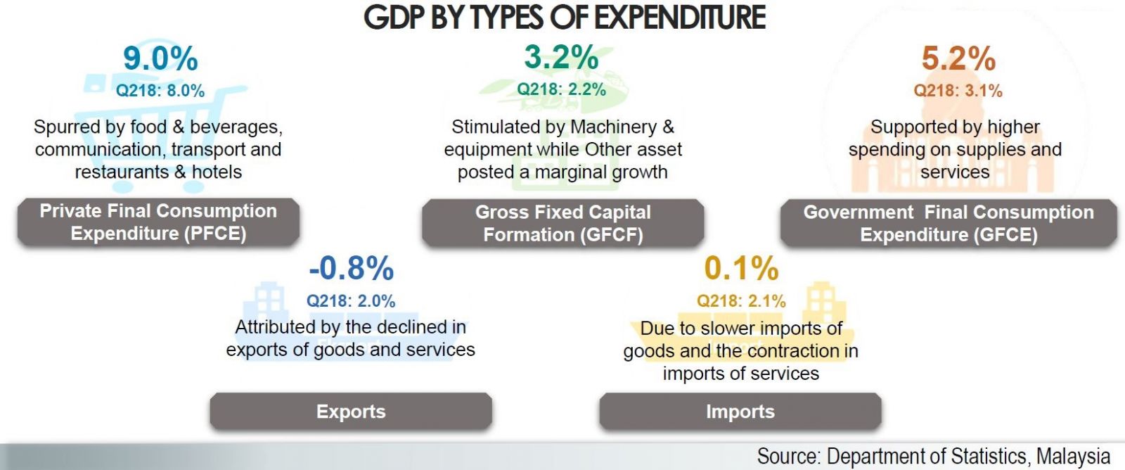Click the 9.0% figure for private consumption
(x=160, y=58)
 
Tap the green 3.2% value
(x=561, y=57)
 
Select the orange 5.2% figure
(x=958, y=58)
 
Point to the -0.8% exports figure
(x=352, y=268)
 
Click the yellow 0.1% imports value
(x=741, y=268)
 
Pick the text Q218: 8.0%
(x=160, y=91)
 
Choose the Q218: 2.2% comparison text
(x=561, y=89)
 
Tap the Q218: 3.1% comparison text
(x=958, y=91)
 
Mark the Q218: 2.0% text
(x=351, y=301)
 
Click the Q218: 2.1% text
(x=741, y=301)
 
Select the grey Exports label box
(x=351, y=412)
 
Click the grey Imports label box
(x=740, y=412)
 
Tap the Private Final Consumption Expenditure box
(x=158, y=222)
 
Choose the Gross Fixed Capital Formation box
(x=562, y=223)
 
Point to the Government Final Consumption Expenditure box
(x=949, y=223)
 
